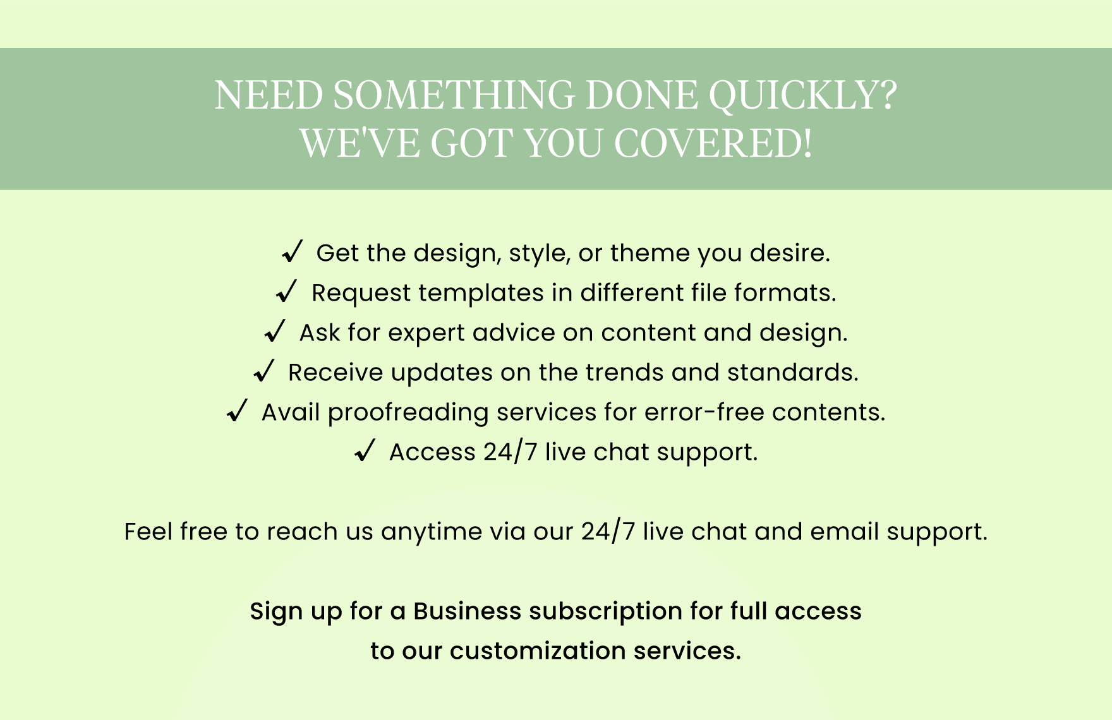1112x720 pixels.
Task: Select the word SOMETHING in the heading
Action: click(x=454, y=95)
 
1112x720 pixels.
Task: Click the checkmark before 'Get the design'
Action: click(x=293, y=251)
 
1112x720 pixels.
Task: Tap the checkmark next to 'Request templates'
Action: click(x=287, y=291)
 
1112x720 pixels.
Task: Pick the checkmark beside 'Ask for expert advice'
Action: click(x=275, y=331)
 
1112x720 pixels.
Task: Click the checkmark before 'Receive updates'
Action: click(x=263, y=371)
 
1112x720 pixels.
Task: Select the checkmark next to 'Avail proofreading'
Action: click(x=237, y=411)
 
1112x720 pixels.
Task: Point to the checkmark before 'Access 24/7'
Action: click(x=365, y=450)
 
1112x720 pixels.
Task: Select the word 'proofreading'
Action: click(x=408, y=413)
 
